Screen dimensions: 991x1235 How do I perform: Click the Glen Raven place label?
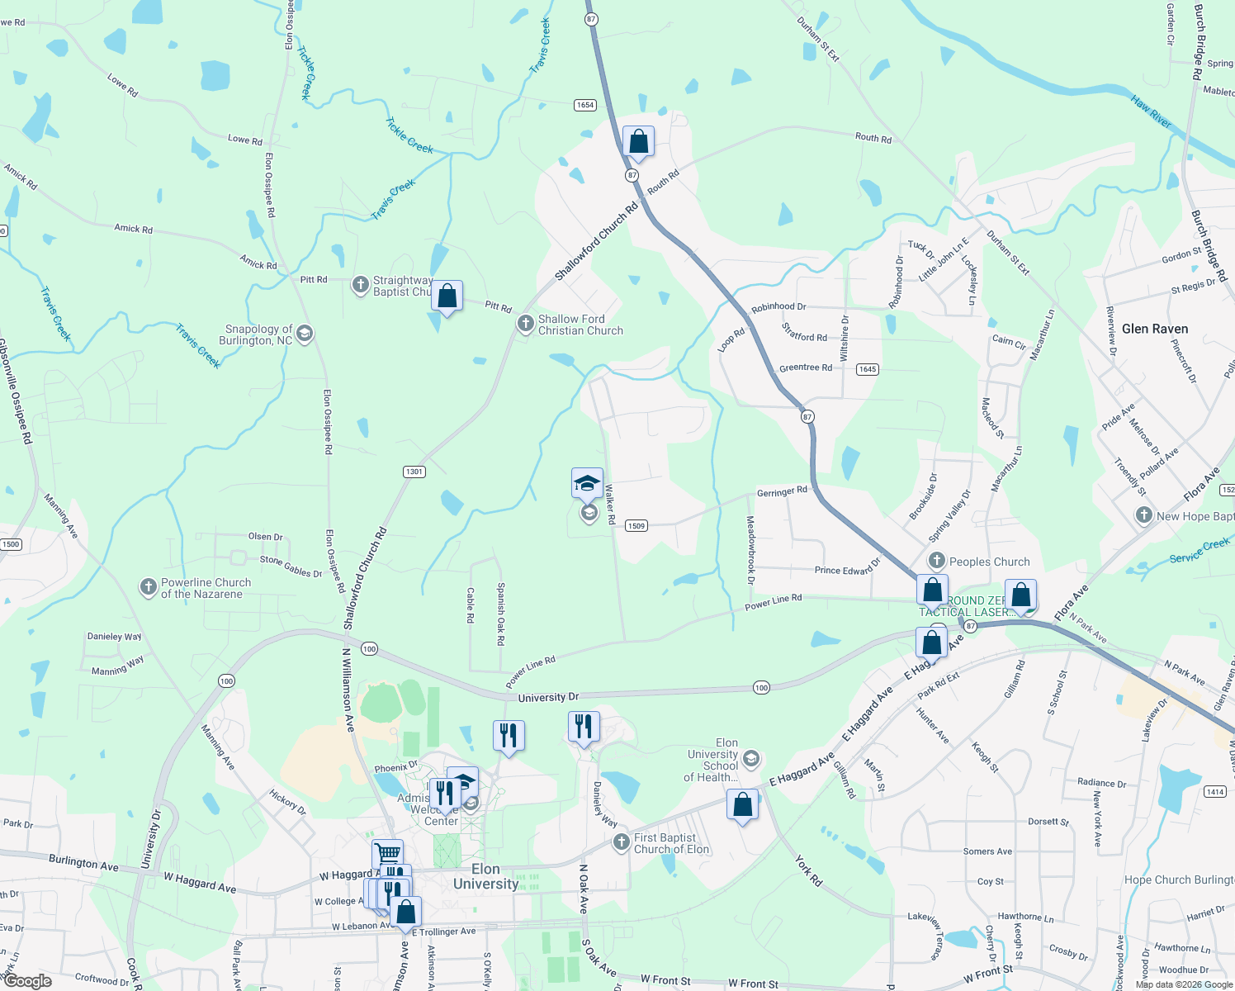(1154, 329)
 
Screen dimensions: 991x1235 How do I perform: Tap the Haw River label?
(1151, 112)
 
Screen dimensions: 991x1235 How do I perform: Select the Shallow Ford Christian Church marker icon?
(526, 324)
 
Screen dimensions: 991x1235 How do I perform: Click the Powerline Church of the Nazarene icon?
(149, 587)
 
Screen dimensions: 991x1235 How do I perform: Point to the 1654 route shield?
(585, 105)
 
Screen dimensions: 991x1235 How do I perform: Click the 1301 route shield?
(414, 472)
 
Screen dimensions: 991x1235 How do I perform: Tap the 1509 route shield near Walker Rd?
(636, 525)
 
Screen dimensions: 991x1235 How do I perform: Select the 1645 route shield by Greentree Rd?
(867, 369)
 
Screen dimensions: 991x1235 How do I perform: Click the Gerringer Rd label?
(782, 491)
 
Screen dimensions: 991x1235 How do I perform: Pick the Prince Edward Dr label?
(848, 569)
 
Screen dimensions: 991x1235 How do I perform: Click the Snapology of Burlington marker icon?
(305, 334)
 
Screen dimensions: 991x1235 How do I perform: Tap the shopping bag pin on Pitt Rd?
(447, 296)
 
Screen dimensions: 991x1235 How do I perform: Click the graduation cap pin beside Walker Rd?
(587, 483)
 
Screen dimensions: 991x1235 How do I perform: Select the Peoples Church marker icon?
(936, 561)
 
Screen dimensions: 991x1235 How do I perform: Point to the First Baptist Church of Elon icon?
(622, 842)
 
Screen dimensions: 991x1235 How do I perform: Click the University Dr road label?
(548, 698)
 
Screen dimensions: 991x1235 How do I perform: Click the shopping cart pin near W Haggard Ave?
(387, 854)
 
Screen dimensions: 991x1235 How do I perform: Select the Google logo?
(27, 981)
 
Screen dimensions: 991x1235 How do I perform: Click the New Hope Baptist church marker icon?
(1143, 516)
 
